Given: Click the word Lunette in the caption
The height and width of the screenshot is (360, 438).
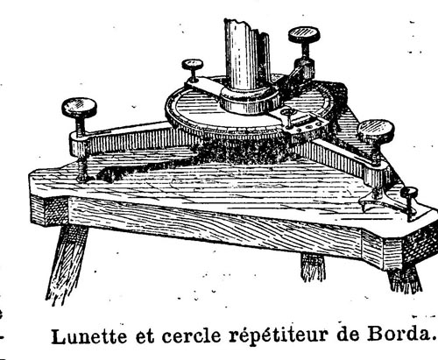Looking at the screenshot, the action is pos(89,336).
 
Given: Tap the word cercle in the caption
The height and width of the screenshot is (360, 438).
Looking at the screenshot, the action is pos(191,335).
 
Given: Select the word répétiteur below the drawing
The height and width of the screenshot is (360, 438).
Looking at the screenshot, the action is pos(279,335).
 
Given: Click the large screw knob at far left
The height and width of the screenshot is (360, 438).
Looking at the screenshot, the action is pos(79,107).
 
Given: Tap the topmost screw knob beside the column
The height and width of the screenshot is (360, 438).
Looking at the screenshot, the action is pos(304,34).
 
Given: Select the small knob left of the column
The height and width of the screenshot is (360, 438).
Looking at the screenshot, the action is pos(193,64).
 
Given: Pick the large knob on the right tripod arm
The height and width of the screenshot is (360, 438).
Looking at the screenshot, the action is pos(377,129).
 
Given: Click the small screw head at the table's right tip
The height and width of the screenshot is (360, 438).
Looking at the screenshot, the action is pos(409,193).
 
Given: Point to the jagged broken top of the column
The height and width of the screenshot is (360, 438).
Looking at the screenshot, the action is pos(246,24).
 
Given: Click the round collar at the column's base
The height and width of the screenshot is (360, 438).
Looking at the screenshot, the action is pos(250,99).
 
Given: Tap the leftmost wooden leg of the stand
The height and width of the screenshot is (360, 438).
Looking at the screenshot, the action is pos(66,263).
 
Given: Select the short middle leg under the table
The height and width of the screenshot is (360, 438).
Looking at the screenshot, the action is pos(313,266).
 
